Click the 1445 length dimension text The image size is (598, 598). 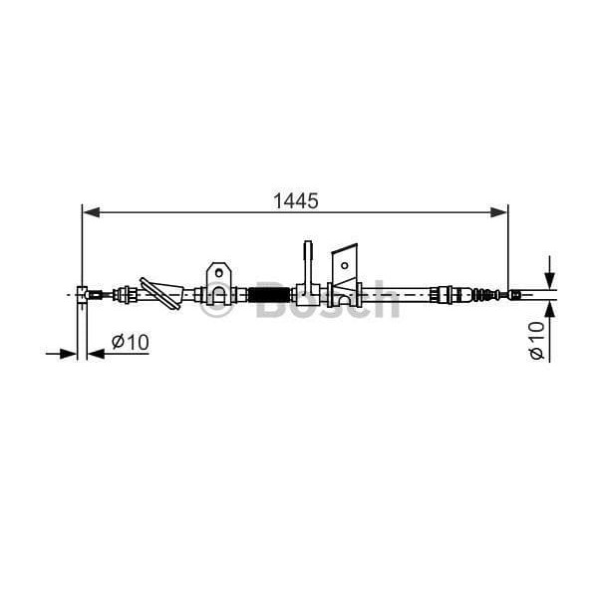tap(295, 200)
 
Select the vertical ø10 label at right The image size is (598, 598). tap(537, 341)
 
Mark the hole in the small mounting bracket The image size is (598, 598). tap(219, 270)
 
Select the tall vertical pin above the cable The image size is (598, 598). tap(309, 261)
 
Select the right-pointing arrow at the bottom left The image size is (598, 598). tap(69, 353)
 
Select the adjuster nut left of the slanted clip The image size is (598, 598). tap(127, 293)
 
